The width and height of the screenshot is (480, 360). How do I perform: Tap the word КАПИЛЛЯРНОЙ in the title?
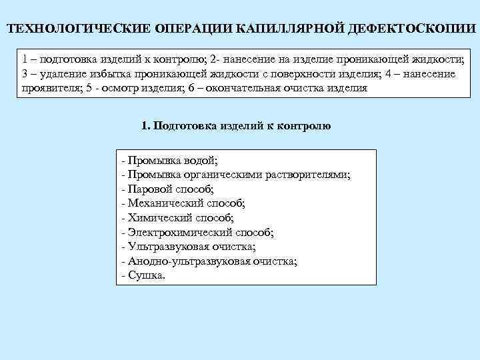point(280,31)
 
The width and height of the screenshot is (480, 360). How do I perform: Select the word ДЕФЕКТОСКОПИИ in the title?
point(407,31)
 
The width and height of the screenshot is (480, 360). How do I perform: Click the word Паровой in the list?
point(148,189)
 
